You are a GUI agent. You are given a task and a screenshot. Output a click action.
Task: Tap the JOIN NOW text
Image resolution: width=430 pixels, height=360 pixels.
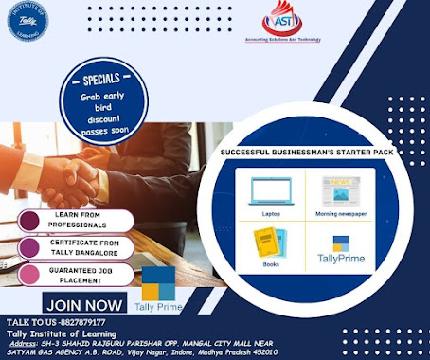[x=83, y=305]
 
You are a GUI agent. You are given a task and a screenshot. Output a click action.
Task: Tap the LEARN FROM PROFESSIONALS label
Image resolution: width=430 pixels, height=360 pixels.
[x=81, y=220]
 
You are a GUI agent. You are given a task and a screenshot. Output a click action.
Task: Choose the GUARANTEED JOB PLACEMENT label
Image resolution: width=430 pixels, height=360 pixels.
[x=81, y=276]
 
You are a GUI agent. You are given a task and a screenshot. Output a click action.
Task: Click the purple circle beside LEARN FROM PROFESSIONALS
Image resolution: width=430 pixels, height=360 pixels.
[x=29, y=220]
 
